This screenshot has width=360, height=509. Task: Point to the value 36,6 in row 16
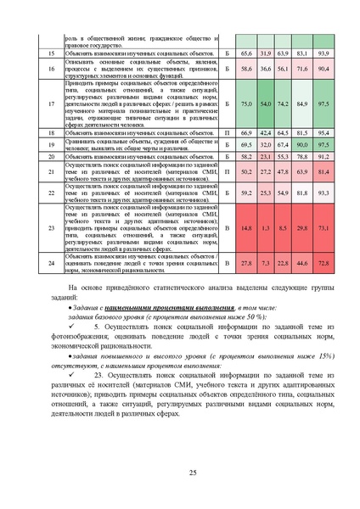pos(265,68)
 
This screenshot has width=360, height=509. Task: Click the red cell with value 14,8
pos(246,228)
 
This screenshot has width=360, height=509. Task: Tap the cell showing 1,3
pos(265,228)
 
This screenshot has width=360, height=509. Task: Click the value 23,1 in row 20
pos(265,158)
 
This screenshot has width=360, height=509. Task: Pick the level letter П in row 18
pos(227,133)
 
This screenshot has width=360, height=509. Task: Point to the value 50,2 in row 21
pos(246,171)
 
